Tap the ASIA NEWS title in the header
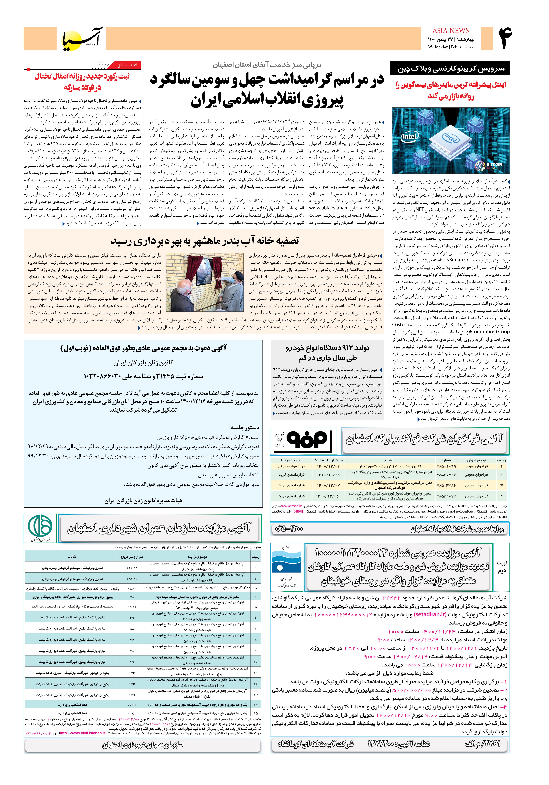point(451,30)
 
